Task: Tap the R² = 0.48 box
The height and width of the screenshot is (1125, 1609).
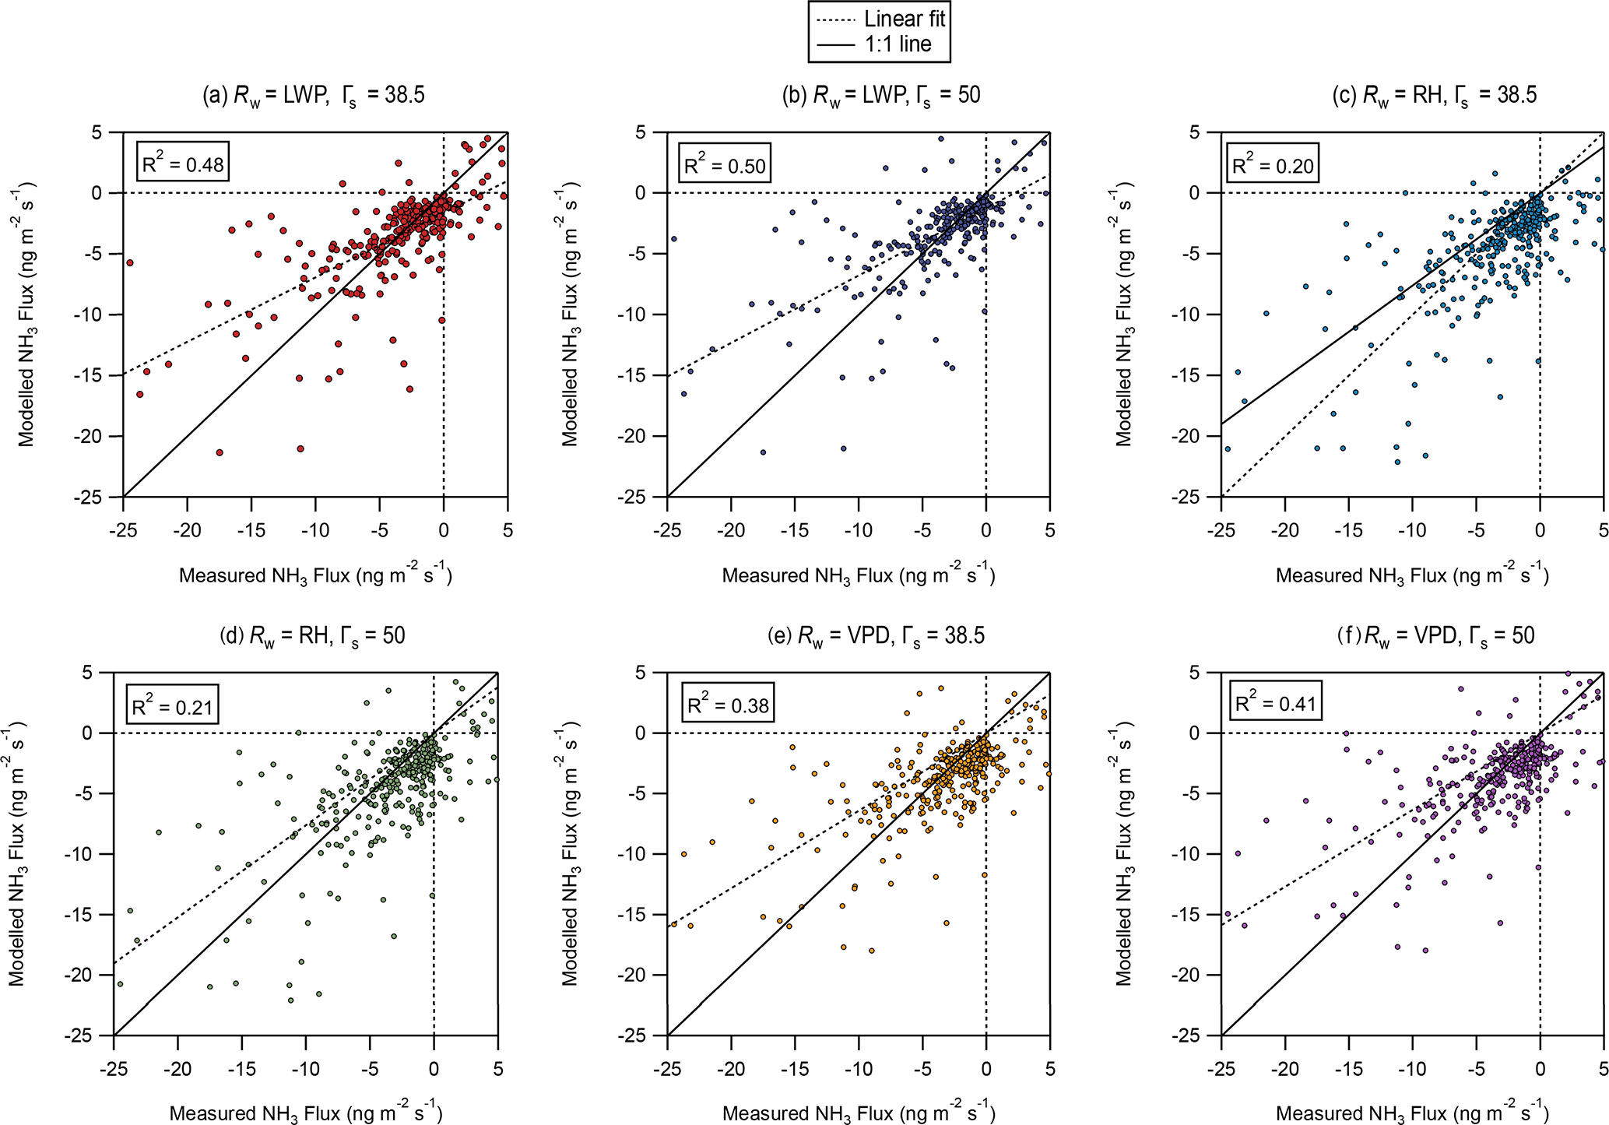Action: [183, 164]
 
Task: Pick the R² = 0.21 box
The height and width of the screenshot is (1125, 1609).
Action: [172, 705]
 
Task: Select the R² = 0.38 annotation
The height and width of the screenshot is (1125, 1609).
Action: [728, 705]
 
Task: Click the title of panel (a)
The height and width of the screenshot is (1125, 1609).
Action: [314, 96]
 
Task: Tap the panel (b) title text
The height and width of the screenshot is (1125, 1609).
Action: [881, 96]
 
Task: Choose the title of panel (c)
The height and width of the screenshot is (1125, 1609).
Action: [1435, 96]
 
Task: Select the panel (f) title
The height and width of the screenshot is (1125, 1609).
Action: [1435, 636]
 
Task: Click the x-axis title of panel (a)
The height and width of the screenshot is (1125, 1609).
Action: [315, 575]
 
